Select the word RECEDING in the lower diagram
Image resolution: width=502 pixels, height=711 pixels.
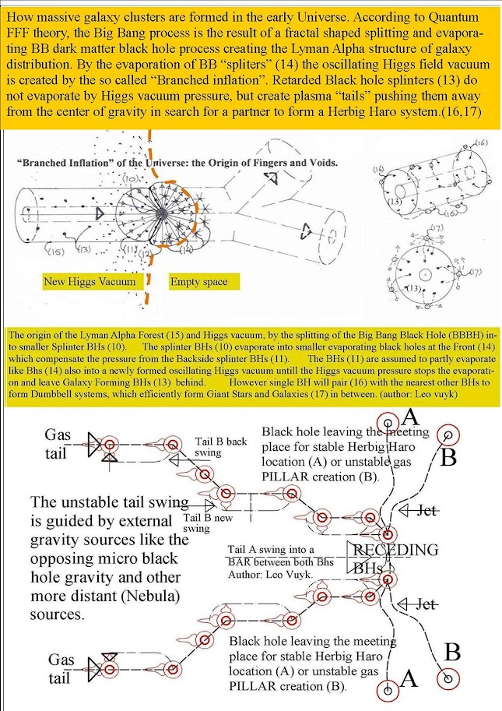tap(396, 550)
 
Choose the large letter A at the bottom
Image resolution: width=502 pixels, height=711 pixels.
tap(409, 679)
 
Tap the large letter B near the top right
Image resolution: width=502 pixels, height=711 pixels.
tap(449, 459)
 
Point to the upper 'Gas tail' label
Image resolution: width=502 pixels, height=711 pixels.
tap(58, 444)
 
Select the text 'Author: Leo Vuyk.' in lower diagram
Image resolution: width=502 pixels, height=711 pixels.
tap(269, 573)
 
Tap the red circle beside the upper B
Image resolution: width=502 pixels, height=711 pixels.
tap(448, 435)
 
